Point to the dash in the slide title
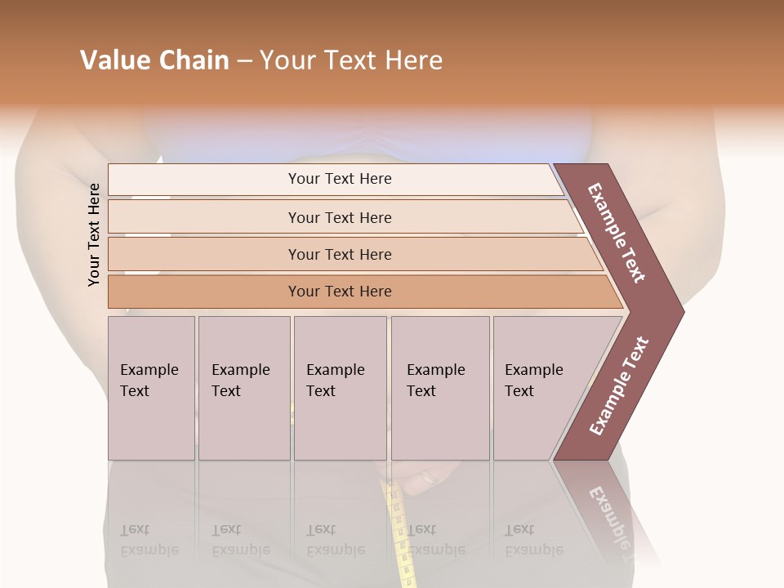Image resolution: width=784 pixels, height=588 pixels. pos(244,61)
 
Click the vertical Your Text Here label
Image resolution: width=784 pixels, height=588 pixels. pos(94,234)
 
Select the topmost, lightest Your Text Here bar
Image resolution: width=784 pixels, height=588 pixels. pos(339,179)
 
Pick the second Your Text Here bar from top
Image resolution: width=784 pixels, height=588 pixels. pos(339,217)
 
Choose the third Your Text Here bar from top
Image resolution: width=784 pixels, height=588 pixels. pos(339,254)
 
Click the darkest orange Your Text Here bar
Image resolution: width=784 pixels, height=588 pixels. pos(339,292)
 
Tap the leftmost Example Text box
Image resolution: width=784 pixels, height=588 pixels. pos(151,388)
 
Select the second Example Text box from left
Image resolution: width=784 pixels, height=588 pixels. pos(244,388)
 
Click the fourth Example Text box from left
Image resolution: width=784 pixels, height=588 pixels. pos(440,388)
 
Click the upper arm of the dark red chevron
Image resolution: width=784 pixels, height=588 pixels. pos(618,233)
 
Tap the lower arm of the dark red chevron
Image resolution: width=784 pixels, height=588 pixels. pos(618,387)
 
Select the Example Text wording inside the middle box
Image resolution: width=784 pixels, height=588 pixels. pos(335,381)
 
